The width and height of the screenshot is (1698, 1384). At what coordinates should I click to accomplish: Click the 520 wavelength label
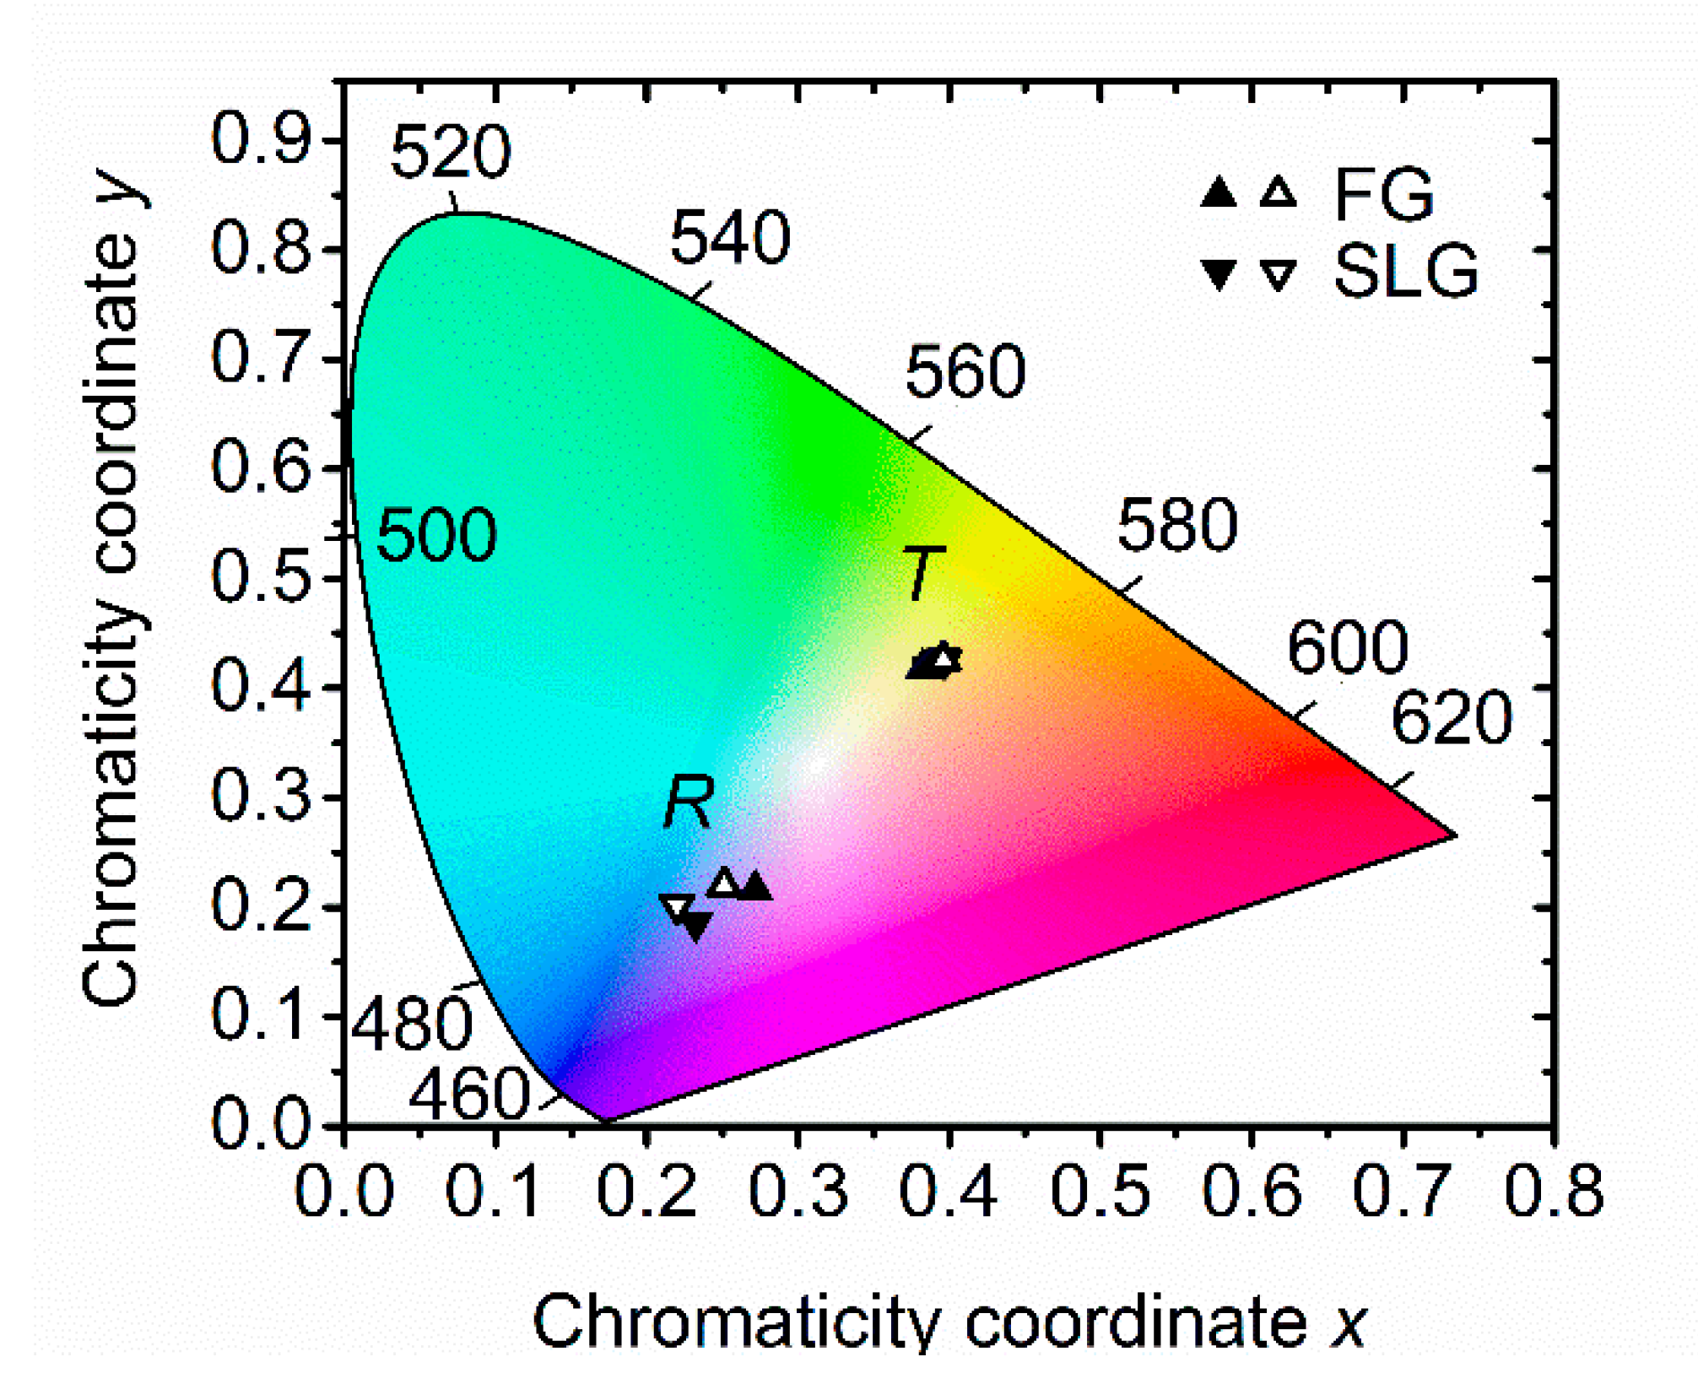click(x=451, y=152)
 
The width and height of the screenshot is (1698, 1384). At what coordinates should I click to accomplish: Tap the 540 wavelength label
click(x=730, y=238)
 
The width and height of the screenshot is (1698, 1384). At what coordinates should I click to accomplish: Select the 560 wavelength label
click(x=965, y=372)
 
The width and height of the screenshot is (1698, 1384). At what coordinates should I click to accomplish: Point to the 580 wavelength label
click(x=1177, y=526)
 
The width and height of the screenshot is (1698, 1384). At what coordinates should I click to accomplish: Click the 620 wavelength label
click(x=1451, y=718)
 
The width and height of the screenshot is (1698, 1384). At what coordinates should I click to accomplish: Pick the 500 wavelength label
click(x=436, y=535)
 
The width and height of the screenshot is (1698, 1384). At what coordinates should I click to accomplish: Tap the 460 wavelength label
click(x=469, y=1095)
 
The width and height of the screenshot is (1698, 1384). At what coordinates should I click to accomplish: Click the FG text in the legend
click(x=1384, y=195)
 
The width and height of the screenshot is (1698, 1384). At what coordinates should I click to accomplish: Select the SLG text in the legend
click(x=1406, y=272)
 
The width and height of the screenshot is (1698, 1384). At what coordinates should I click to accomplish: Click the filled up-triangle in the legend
click(x=1218, y=194)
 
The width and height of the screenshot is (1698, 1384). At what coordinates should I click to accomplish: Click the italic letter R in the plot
click(x=689, y=803)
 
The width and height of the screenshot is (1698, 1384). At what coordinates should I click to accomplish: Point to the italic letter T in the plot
click(x=923, y=574)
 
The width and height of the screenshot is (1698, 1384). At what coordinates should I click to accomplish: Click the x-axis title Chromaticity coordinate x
click(x=949, y=1322)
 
